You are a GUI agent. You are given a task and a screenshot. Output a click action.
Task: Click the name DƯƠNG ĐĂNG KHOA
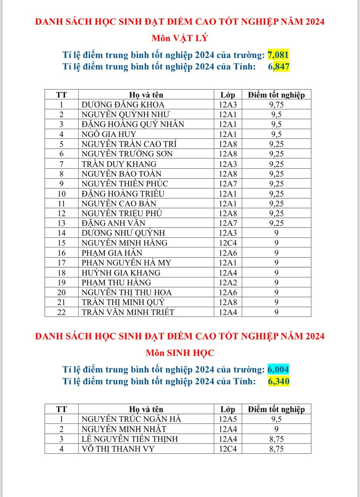pyautogui.click(x=123, y=104)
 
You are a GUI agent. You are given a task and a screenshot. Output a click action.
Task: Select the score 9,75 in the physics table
pyautogui.click(x=276, y=104)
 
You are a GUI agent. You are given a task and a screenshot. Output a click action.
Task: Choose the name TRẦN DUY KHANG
pyautogui.click(x=119, y=164)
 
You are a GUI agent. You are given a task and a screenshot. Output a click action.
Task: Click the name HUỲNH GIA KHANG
pyautogui.click(x=121, y=273)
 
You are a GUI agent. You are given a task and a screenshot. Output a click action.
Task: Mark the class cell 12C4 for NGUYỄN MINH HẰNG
pyautogui.click(x=228, y=243)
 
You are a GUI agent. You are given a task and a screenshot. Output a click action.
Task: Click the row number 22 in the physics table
pyautogui.click(x=61, y=312)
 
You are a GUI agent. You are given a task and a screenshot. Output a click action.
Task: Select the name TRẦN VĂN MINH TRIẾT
pyautogui.click(x=128, y=312)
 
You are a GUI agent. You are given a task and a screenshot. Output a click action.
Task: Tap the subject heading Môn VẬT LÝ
pyautogui.click(x=180, y=38)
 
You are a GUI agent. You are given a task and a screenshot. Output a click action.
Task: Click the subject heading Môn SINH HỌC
pyautogui.click(x=180, y=353)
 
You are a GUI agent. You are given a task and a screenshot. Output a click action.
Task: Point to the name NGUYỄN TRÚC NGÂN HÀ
pyautogui.click(x=132, y=419)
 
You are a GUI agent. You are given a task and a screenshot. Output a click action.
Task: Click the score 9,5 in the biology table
pyautogui.click(x=276, y=419)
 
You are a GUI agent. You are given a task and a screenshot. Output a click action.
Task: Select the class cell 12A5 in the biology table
pyautogui.click(x=228, y=419)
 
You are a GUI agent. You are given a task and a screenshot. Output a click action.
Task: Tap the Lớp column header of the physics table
pyautogui.click(x=228, y=95)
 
